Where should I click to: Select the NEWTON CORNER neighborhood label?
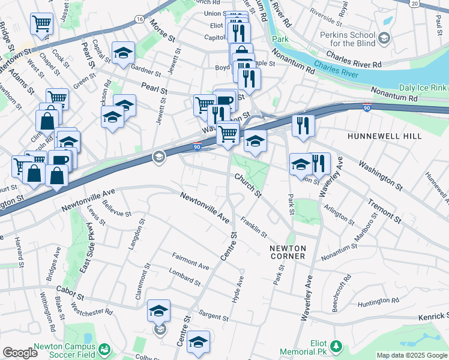pos(288,252)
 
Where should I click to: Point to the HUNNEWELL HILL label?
pos(384,137)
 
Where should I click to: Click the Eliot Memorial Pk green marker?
pos(336,346)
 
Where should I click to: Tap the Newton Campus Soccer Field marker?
pos(105,348)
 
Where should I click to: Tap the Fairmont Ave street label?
pos(191,265)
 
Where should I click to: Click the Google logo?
pos(20,353)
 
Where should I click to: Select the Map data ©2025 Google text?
pos(412,355)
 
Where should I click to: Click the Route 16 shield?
pos(139,19)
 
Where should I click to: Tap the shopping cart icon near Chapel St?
pos(41,24)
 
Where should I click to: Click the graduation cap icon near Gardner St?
pos(123,53)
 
